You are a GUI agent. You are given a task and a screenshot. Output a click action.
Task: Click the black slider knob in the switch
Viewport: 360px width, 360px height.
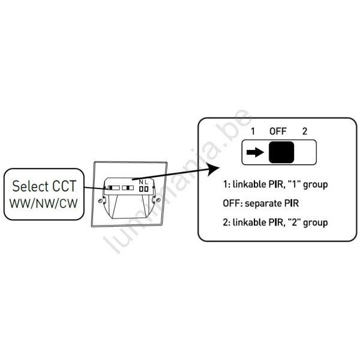coord(281,153)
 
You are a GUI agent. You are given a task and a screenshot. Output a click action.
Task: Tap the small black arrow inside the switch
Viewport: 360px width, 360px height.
coord(254,153)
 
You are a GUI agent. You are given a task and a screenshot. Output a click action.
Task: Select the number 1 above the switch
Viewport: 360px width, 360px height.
coord(253,131)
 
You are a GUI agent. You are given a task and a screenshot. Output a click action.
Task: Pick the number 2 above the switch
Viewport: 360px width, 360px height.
coord(305,131)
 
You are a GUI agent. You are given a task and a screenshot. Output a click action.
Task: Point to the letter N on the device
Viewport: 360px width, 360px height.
coord(141,182)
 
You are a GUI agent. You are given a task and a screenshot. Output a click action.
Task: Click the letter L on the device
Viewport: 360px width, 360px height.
coord(147,182)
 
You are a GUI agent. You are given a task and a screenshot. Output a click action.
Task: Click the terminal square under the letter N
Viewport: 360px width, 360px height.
coord(141,188)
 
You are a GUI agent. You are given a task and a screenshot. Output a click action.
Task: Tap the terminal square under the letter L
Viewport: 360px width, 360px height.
coord(147,188)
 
